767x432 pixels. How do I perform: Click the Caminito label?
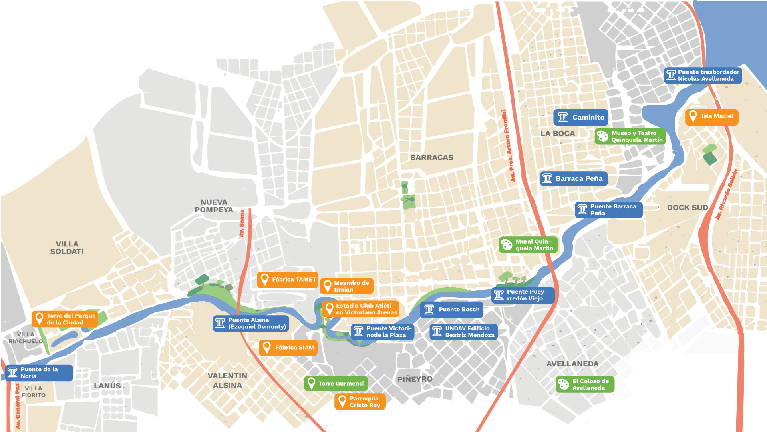pos(581,117)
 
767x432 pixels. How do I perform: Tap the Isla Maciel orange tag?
pos(712,116)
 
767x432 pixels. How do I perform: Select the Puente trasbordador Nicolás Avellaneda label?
pos(703,75)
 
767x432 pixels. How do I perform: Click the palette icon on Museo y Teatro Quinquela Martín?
pos(602,136)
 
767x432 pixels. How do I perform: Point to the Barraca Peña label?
pos(574,178)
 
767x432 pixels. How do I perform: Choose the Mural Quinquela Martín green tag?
pos(528,244)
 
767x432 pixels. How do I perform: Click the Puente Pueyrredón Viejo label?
pos(523,295)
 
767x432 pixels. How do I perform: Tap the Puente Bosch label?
pos(452,309)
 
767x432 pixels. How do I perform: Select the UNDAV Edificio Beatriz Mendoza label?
pos(463,332)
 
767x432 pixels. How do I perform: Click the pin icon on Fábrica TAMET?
pos(264,279)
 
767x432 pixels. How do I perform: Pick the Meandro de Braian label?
pos(347,286)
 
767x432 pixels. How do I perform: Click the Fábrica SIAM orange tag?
pos(288,347)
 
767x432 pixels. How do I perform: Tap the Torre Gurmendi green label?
pos(336,383)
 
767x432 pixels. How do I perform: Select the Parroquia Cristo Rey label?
pos(360,402)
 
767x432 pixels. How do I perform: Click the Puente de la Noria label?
pos(39,372)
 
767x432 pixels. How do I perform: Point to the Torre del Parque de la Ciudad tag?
pos(65,319)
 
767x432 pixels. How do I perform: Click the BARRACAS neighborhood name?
pos(431,157)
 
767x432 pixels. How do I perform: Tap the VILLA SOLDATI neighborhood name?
pos(67,248)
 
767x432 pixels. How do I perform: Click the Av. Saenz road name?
pos(242,223)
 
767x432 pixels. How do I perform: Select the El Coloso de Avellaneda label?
pos(585,384)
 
